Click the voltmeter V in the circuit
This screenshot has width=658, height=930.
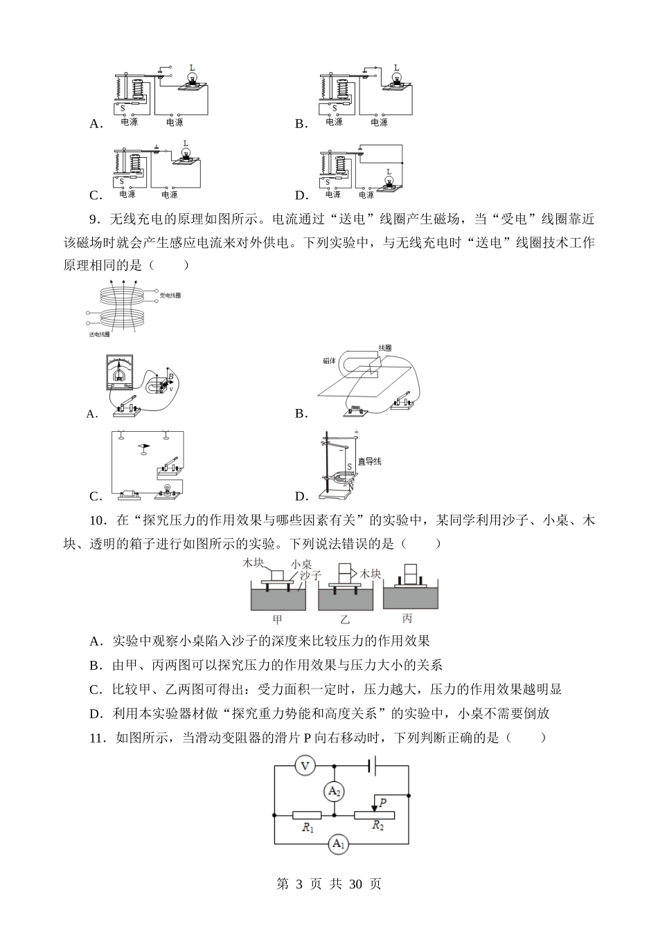[304, 765]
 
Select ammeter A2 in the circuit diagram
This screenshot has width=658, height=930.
[335, 791]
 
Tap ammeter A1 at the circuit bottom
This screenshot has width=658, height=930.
[339, 843]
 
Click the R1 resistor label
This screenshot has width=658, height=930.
[308, 828]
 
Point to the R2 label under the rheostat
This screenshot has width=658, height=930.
[377, 826]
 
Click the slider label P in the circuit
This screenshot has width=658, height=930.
[383, 801]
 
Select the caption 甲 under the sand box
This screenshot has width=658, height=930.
[277, 619]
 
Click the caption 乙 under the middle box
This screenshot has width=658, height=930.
[344, 619]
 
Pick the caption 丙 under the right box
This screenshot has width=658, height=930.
[407, 619]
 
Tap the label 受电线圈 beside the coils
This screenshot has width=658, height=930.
[170, 295]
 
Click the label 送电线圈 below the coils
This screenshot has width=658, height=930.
[100, 334]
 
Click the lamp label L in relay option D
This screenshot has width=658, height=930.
[389, 172]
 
